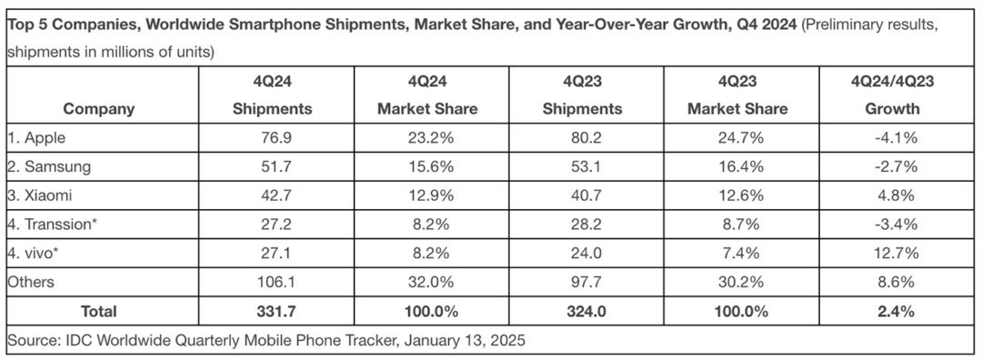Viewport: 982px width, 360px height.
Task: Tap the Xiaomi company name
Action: (x=40, y=195)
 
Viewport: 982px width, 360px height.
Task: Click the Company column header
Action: (x=99, y=109)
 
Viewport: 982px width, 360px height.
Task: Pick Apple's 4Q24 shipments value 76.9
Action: (x=272, y=138)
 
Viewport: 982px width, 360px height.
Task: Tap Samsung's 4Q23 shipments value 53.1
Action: (x=582, y=167)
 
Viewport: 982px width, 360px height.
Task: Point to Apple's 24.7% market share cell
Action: (x=737, y=138)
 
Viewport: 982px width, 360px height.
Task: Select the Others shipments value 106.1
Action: (x=272, y=282)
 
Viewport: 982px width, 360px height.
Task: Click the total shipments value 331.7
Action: (x=272, y=311)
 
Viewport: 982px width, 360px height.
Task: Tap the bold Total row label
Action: (x=99, y=311)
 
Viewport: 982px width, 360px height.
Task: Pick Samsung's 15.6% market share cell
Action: (x=427, y=167)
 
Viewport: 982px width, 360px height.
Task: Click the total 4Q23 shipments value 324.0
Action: (x=582, y=311)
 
